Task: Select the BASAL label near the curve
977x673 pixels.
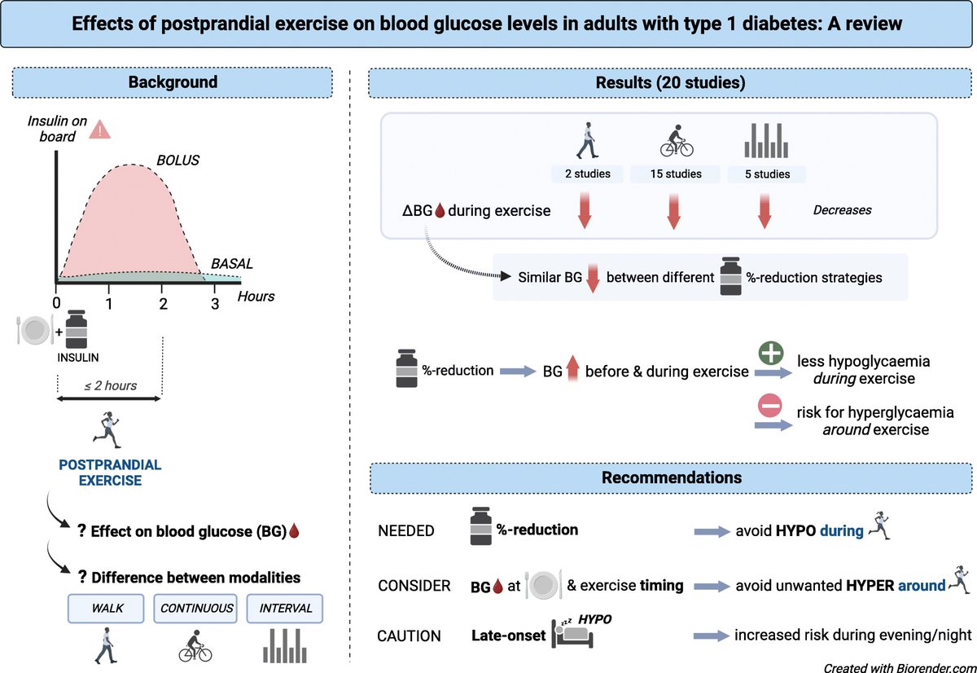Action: pyautogui.click(x=232, y=264)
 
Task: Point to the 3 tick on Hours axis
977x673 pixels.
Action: pyautogui.click(x=215, y=304)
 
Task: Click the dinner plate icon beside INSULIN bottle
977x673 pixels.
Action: pyautogui.click(x=34, y=329)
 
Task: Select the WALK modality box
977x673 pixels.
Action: pyautogui.click(x=106, y=609)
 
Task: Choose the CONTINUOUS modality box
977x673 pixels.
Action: pyautogui.click(x=196, y=609)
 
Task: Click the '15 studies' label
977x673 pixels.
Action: pyautogui.click(x=675, y=174)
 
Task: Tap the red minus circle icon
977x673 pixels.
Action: pyautogui.click(x=772, y=407)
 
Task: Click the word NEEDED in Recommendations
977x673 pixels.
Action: pyautogui.click(x=406, y=530)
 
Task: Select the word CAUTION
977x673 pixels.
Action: pyautogui.click(x=408, y=636)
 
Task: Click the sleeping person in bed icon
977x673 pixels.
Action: pyautogui.click(x=574, y=632)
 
